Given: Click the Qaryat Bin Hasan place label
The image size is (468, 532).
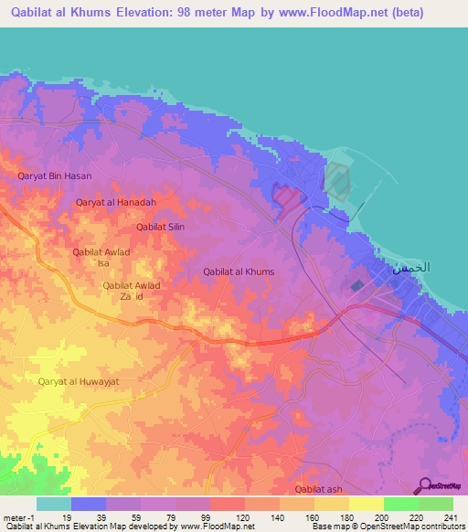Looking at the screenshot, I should pos(55,176).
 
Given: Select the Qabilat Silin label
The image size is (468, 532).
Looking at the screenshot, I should pos(160,226).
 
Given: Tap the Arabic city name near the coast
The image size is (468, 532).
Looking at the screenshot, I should pos(410,269).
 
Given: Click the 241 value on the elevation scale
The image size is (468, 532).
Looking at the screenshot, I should pos(446,516).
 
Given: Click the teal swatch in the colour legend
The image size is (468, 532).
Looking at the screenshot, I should pos(54,504).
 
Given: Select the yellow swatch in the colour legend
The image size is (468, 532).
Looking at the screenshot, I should pos(366,504).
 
